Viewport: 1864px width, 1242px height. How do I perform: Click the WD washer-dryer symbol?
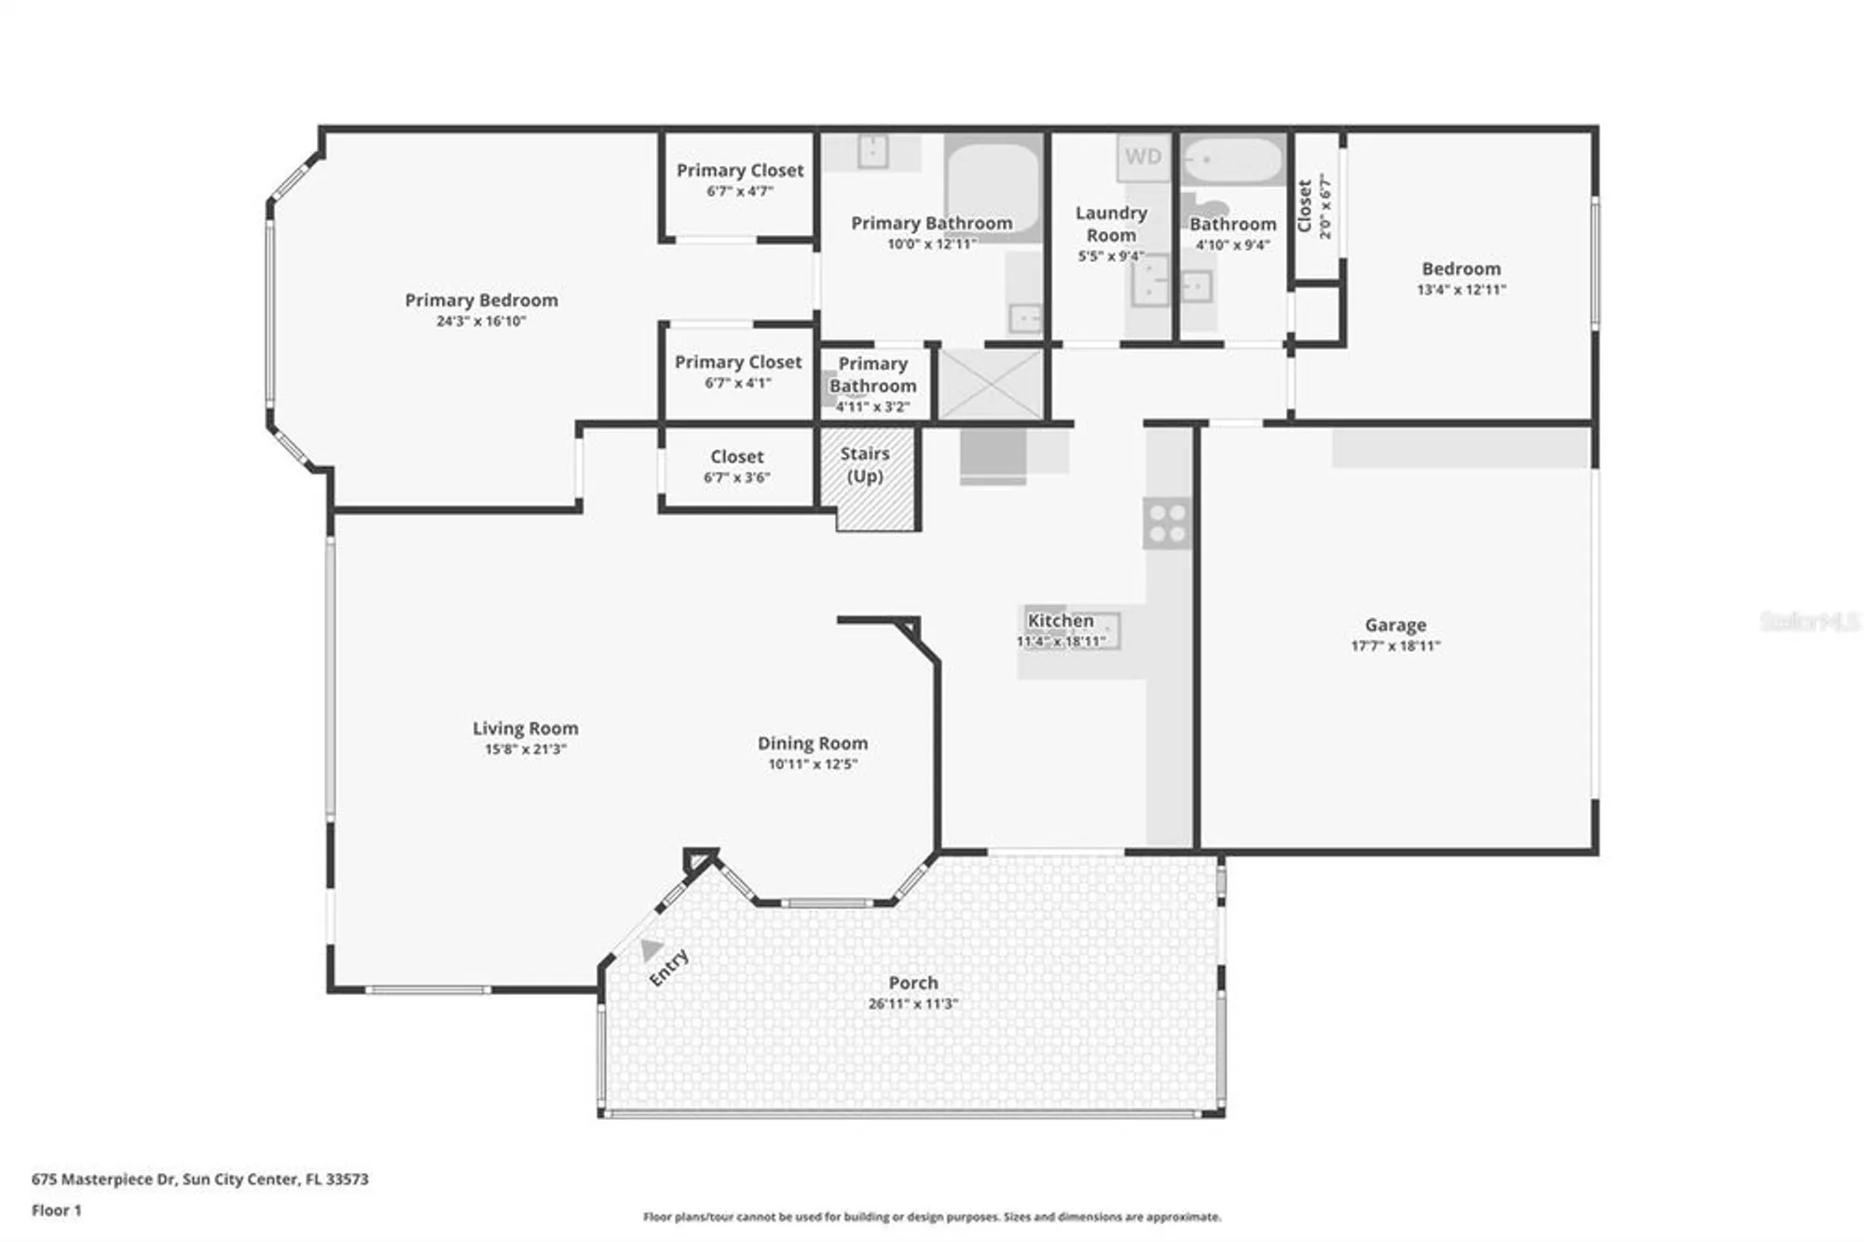[1144, 157]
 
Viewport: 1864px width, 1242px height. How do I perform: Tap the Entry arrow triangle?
[651, 950]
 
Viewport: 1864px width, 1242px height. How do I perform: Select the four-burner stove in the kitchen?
[1167, 523]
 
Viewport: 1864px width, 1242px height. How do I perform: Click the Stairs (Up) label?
[865, 464]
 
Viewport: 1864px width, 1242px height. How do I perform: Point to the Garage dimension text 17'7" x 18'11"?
[1395, 645]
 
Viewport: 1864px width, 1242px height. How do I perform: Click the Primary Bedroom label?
[481, 300]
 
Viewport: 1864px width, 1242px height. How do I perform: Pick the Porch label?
[912, 983]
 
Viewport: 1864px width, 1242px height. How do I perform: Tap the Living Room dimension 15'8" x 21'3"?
[525, 749]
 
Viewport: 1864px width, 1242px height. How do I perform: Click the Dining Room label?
[812, 743]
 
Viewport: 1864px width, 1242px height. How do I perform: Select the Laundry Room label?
[1110, 224]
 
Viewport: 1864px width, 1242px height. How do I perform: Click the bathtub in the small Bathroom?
[1232, 160]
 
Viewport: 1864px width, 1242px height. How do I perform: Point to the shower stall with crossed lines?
[989, 383]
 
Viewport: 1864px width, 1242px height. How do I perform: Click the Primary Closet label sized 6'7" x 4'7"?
[739, 171]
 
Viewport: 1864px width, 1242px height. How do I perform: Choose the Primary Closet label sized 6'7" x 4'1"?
[737, 362]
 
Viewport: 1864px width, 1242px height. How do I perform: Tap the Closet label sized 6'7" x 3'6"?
[736, 457]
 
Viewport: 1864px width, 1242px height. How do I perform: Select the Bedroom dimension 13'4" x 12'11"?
[1460, 289]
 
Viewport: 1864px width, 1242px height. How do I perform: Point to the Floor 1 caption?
[56, 1210]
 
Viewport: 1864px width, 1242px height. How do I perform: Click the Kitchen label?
[1060, 620]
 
